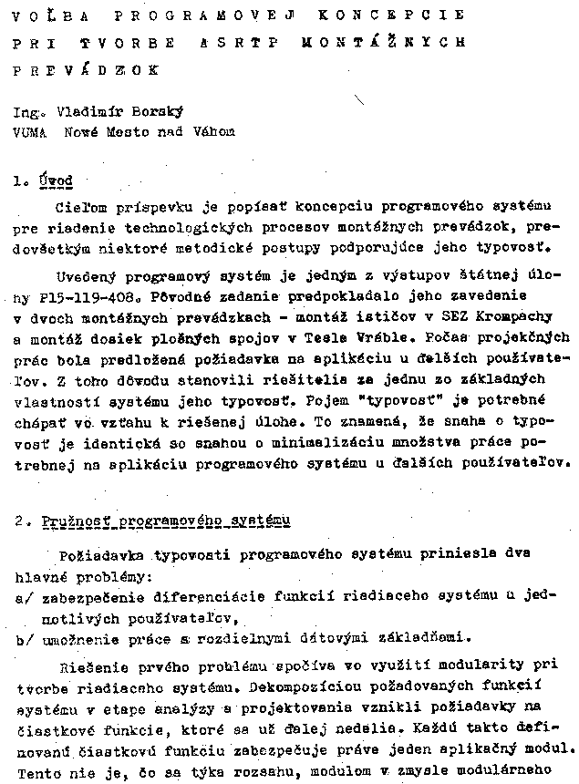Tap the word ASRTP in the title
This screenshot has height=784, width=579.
pos(253,42)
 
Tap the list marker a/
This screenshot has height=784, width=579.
pos(21,597)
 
